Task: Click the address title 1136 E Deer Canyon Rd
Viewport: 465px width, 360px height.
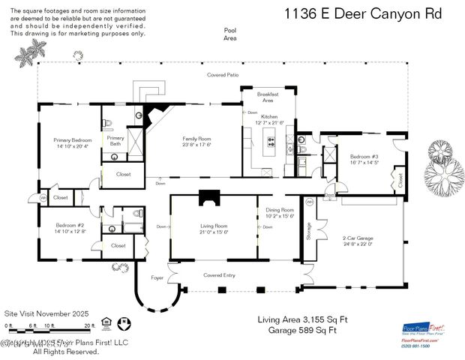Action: point(363,13)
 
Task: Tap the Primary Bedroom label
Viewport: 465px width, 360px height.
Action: point(71,142)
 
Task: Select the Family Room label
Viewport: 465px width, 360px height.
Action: point(197,142)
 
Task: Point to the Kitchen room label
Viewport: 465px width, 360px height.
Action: point(269,121)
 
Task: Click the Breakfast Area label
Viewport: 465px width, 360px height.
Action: point(268,97)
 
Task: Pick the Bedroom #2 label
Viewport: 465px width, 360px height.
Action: point(69,228)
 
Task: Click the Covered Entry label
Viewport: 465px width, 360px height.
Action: point(219,275)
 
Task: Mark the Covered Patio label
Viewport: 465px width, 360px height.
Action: point(223,75)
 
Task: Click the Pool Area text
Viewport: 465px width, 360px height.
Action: point(229,34)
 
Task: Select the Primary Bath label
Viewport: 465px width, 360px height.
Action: point(115,140)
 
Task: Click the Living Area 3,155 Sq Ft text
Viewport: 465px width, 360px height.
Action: point(301,319)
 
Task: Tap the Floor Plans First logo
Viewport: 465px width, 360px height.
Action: point(424,328)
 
